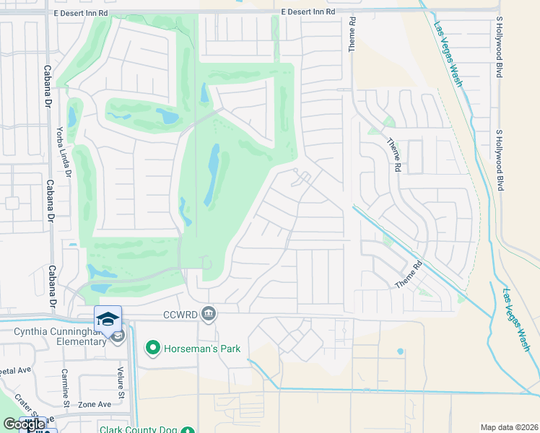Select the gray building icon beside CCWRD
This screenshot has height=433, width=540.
coord(209,312)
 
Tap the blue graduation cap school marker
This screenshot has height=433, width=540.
coord(108,319)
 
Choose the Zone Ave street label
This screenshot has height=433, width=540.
coord(95,404)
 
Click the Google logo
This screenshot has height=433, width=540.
coord(25,424)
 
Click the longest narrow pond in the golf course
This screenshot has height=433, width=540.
coord(214,174)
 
